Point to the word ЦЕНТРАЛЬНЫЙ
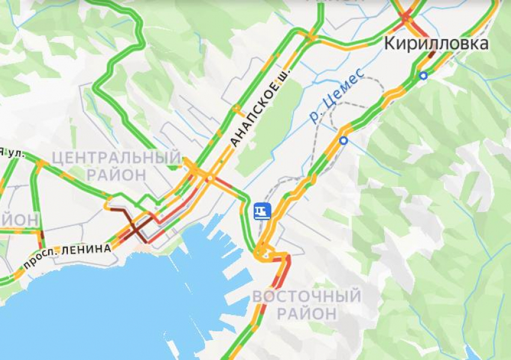(x=116, y=158)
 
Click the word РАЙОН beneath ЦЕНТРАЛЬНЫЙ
(x=116, y=175)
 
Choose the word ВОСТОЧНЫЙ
(x=307, y=296)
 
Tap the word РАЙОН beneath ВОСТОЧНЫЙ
(x=307, y=313)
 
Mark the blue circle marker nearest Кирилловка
(x=424, y=75)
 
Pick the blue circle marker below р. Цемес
(x=343, y=141)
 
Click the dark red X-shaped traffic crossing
(x=132, y=227)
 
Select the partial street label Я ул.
(x=12, y=154)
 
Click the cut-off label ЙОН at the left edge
(x=11, y=219)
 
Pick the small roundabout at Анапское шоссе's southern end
(x=210, y=178)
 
